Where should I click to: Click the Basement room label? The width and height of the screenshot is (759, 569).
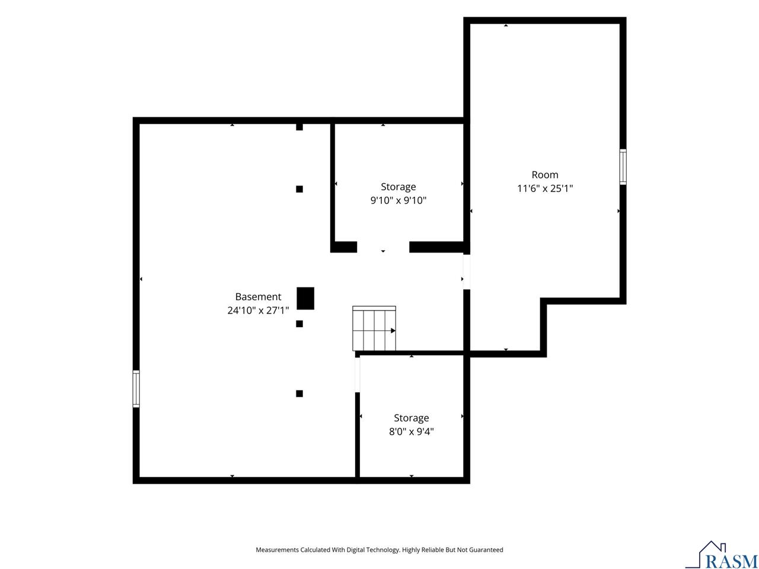click(x=258, y=296)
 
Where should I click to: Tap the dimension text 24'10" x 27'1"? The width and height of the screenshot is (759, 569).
click(x=258, y=310)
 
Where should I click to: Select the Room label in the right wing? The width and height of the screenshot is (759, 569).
click(x=544, y=175)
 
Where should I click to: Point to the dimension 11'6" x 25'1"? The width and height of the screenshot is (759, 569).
click(x=544, y=188)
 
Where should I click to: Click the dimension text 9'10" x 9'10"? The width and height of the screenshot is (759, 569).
click(x=398, y=200)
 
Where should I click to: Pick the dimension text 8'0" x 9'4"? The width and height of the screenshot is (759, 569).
click(x=411, y=431)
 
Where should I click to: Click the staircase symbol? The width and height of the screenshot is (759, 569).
click(x=374, y=328)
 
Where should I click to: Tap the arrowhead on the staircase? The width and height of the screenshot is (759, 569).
click(x=393, y=331)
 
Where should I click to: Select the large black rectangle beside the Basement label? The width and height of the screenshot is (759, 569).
click(x=305, y=298)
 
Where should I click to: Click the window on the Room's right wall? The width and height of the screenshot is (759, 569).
click(x=623, y=167)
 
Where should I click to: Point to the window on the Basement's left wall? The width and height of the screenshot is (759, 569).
click(x=136, y=389)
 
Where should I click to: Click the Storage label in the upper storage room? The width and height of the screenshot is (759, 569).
click(x=398, y=187)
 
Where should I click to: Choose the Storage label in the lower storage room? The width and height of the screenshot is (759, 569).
click(x=411, y=418)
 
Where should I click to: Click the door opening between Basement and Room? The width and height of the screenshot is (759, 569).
click(x=467, y=272)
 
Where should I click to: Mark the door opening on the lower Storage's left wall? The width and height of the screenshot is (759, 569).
click(x=358, y=375)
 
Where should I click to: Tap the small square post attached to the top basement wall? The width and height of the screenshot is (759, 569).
click(x=299, y=127)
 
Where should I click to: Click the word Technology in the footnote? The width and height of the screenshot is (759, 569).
click(x=384, y=549)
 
